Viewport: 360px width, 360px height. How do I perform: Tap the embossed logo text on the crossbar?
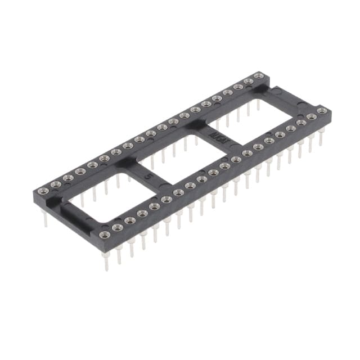215,137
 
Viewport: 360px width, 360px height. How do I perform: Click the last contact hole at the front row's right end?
322,111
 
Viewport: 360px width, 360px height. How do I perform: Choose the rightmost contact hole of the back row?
258,75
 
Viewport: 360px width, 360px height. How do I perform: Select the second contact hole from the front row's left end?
117,227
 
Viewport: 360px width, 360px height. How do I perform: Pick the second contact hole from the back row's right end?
247,81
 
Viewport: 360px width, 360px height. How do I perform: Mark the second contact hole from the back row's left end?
55,184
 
